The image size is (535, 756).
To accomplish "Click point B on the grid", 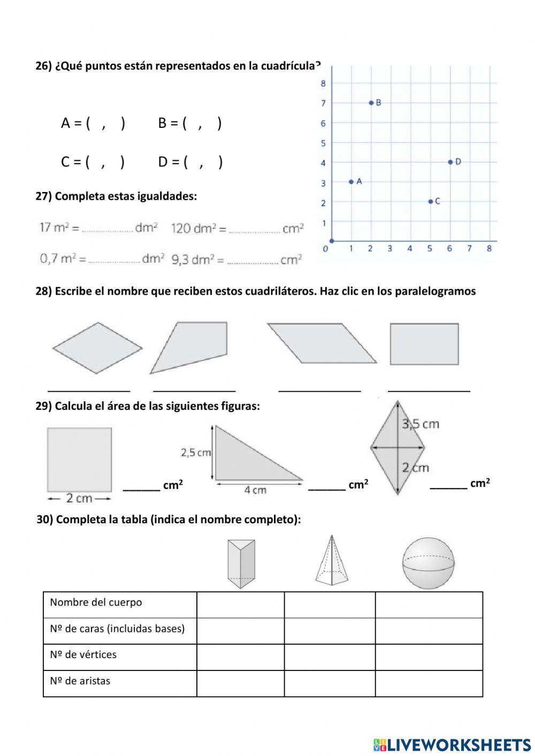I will [371, 103].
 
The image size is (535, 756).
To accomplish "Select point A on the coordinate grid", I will [351, 182].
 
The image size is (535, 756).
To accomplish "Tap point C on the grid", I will [430, 202].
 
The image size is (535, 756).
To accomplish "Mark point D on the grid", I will [450, 162].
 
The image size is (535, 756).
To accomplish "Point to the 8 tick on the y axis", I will [323, 83].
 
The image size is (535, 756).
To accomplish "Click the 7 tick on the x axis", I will [469, 248].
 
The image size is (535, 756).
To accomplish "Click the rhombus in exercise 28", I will [97, 348].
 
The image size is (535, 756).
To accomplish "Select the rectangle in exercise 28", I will [424, 344].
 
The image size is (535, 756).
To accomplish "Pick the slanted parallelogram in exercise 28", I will [322, 343].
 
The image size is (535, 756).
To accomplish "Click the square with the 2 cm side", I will [79, 459].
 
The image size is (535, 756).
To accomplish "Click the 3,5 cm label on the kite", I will [421, 424].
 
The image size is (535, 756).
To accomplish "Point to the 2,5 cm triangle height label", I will [196, 453].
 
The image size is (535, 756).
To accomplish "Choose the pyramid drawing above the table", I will [332, 561].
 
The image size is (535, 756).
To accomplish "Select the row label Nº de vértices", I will [83, 655].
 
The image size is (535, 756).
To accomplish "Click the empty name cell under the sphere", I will [429, 605].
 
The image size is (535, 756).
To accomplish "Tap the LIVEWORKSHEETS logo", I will [452, 744].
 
